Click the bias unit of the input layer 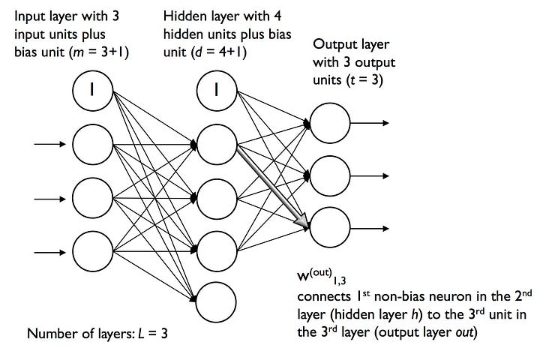click(93, 91)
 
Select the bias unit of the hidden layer click(217, 91)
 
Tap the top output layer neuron click(330, 123)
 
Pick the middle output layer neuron click(330, 176)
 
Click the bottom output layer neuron click(330, 227)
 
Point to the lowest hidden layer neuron click(216, 302)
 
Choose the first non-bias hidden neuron click(217, 144)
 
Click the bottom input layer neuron click(93, 252)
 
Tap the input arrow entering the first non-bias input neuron click(50, 144)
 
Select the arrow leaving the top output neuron click(370, 123)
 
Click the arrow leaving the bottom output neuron click(370, 229)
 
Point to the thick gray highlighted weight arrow click(274, 187)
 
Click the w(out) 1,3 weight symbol click(322, 276)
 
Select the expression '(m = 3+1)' click(99, 52)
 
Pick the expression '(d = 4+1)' click(219, 52)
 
